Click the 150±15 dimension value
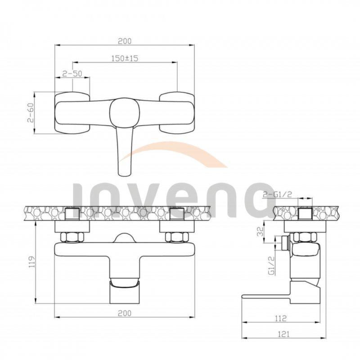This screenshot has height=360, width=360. pyautogui.click(x=125, y=58)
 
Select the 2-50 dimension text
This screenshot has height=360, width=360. pyautogui.click(x=72, y=74)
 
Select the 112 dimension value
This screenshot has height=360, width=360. pyautogui.click(x=280, y=319)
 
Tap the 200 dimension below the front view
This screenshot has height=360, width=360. pyautogui.click(x=125, y=313)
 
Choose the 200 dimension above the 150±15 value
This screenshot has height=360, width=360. pyautogui.click(x=125, y=41)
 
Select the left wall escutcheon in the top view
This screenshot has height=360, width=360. pyautogui.click(x=72, y=113)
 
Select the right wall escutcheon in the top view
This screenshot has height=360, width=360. pyautogui.click(x=177, y=113)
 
